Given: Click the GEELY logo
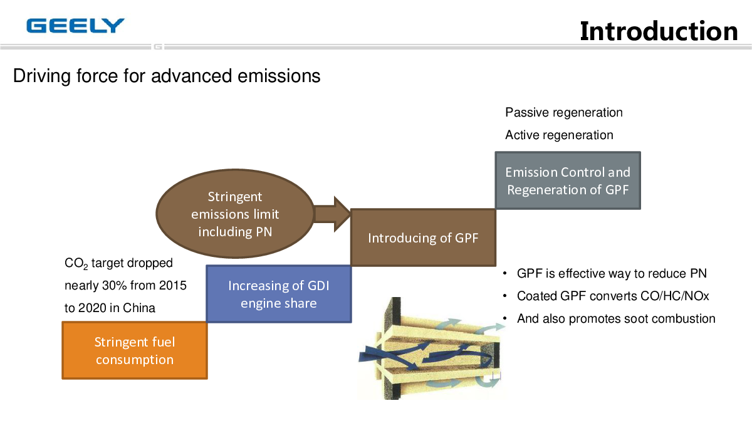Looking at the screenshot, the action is tap(76, 26).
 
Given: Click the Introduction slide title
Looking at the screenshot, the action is tap(659, 31).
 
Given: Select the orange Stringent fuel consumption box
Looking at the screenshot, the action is tap(135, 350).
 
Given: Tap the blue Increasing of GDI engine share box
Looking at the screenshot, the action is tap(279, 294).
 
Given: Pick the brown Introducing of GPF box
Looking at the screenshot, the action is tap(423, 238).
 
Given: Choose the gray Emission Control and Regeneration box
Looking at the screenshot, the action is tap(568, 180).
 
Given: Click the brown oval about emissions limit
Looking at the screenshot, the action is tap(235, 214).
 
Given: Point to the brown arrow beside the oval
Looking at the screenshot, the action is tap(332, 214).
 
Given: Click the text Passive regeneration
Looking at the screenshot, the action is tap(563, 113).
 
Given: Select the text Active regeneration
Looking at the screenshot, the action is tap(559, 135).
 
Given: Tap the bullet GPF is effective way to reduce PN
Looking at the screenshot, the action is tap(605, 274).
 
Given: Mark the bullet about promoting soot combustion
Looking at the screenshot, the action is tap(609, 318).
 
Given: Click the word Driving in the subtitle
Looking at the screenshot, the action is tap(41, 76).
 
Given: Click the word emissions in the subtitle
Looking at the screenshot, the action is tap(279, 76).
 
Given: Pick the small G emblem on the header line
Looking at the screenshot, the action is tap(158, 46).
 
